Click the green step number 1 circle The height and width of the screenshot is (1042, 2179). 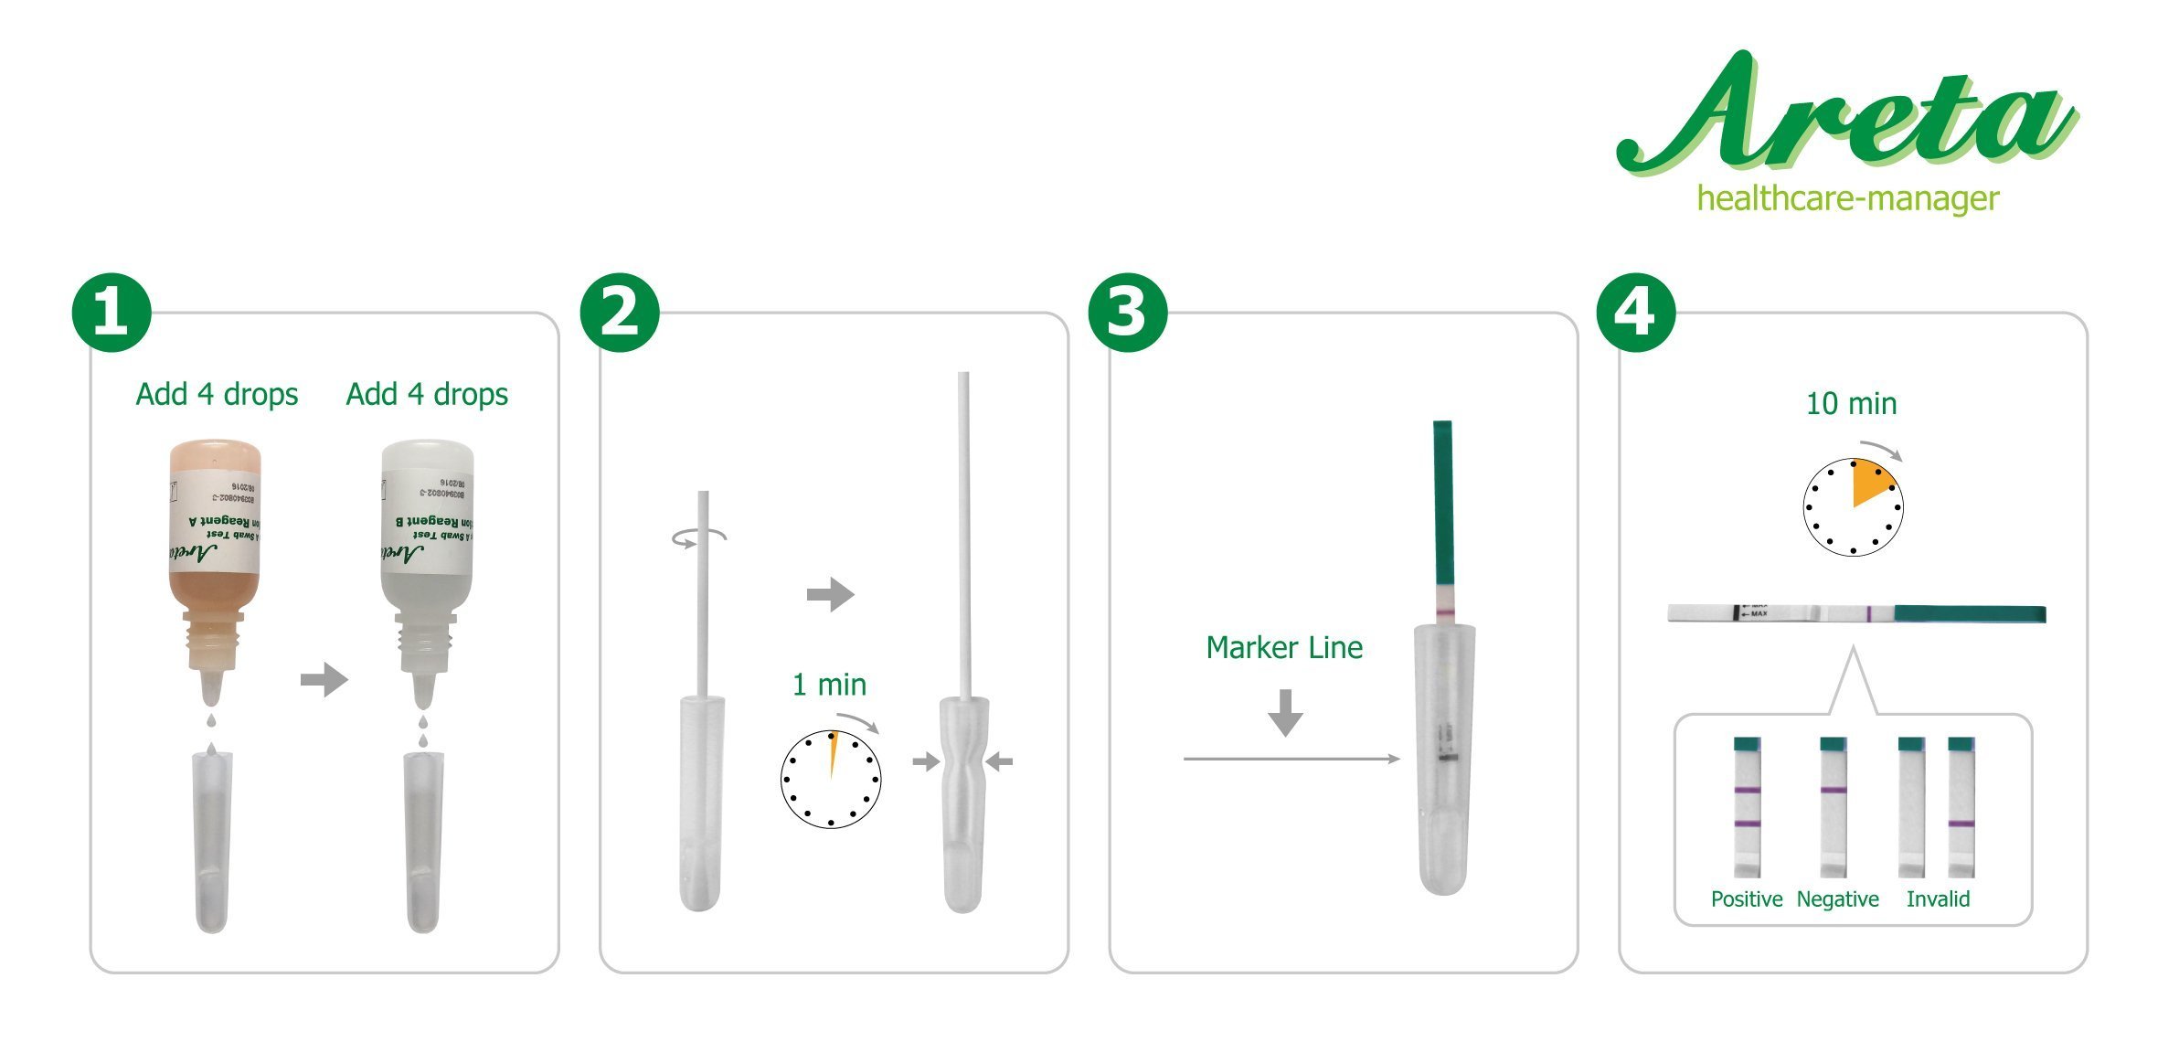pyautogui.click(x=112, y=312)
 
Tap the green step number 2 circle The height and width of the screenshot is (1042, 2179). pyautogui.click(x=620, y=312)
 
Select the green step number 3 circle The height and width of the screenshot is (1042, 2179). pyautogui.click(x=1128, y=312)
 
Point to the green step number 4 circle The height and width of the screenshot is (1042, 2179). pyautogui.click(x=1636, y=312)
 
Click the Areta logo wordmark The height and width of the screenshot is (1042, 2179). pyautogui.click(x=1846, y=114)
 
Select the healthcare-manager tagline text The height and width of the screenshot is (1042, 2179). pyautogui.click(x=1847, y=198)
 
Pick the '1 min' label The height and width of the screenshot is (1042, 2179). pyautogui.click(x=829, y=685)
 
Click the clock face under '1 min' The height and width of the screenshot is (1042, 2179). pyautogui.click(x=831, y=779)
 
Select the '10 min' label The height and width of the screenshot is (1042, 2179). pyautogui.click(x=1851, y=404)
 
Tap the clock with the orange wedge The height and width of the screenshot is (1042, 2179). pyautogui.click(x=1853, y=507)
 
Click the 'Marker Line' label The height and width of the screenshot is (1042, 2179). pyautogui.click(x=1284, y=648)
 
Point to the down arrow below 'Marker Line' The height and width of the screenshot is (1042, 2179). pyautogui.click(x=1286, y=713)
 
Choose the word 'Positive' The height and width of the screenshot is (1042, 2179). pyautogui.click(x=1746, y=899)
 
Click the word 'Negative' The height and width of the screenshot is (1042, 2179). pyautogui.click(x=1837, y=899)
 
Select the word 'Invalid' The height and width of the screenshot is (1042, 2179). pyautogui.click(x=1938, y=899)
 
